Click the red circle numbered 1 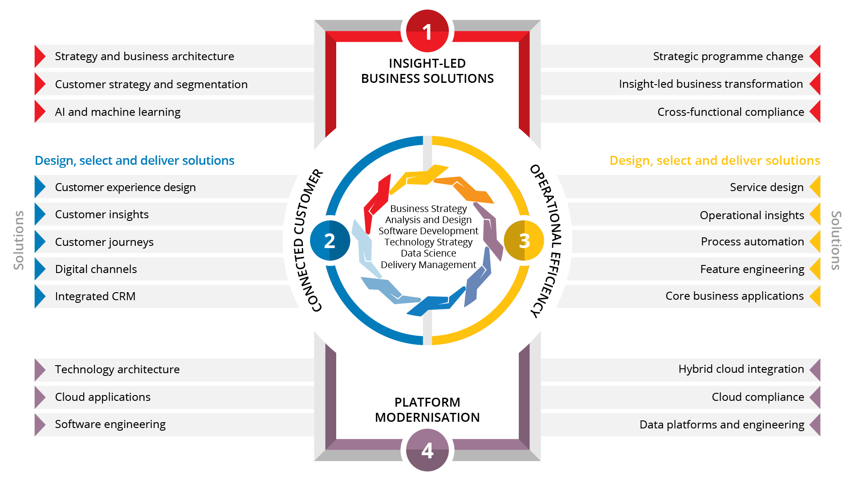pyautogui.click(x=427, y=31)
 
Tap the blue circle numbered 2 pyautogui.click(x=330, y=240)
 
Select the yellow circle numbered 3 pyautogui.click(x=524, y=240)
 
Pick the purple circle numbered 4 pyautogui.click(x=427, y=450)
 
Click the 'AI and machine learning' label pyautogui.click(x=118, y=112)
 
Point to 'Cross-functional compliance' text pyautogui.click(x=730, y=112)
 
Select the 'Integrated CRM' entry pyautogui.click(x=95, y=296)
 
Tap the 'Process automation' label pyautogui.click(x=752, y=241)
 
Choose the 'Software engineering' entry pyautogui.click(x=110, y=424)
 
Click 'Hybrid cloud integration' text pyautogui.click(x=741, y=369)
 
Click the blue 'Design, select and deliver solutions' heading pyautogui.click(x=134, y=160)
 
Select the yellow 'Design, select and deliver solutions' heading pyautogui.click(x=715, y=160)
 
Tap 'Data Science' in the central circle pyautogui.click(x=428, y=253)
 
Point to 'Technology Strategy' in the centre pyautogui.click(x=428, y=242)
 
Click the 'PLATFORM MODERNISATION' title pyautogui.click(x=427, y=410)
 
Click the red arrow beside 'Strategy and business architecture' pyautogui.click(x=39, y=57)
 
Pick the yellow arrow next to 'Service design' pyautogui.click(x=815, y=187)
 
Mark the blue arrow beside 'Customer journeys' pyautogui.click(x=39, y=242)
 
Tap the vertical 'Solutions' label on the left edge pyautogui.click(x=19, y=240)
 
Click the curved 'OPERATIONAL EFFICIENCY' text pyautogui.click(x=547, y=240)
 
